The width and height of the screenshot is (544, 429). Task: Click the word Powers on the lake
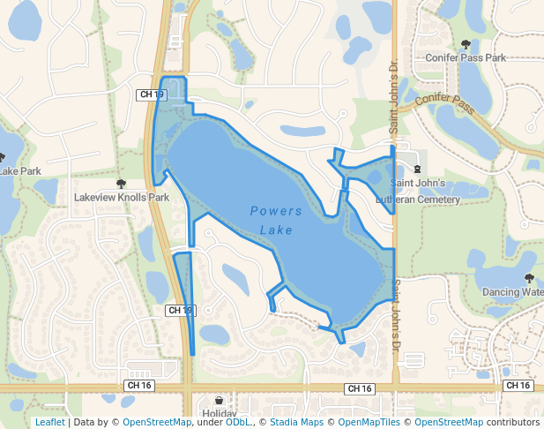point(275,211)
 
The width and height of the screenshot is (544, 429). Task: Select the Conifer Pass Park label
point(466,57)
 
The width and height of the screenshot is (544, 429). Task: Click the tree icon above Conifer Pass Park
point(466,44)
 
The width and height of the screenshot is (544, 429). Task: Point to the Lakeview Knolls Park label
point(122,198)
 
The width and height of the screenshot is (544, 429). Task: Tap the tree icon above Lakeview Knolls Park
point(121,184)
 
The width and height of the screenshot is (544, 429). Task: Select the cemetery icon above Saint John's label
point(417,169)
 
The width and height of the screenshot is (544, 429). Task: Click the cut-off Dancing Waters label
point(512,291)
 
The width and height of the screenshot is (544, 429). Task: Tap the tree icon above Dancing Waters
point(529,278)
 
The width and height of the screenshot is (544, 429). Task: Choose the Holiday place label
point(219,413)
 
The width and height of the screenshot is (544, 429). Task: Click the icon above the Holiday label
point(219,401)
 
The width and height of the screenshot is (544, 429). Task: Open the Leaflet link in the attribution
point(49,422)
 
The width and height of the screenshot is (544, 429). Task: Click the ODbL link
point(238,422)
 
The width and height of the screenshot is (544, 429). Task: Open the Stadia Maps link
point(296,422)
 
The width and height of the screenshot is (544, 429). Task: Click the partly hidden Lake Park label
point(19,170)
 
